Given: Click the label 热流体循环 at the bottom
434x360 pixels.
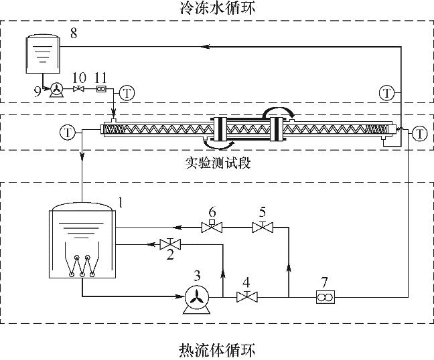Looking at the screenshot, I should coord(217,349).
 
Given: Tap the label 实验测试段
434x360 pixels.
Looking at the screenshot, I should coord(218,163).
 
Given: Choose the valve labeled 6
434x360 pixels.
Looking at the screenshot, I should coord(212,228).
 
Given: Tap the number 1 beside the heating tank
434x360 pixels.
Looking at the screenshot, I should coord(121,201).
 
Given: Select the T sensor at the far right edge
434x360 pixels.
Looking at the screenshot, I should coord(420,133).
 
